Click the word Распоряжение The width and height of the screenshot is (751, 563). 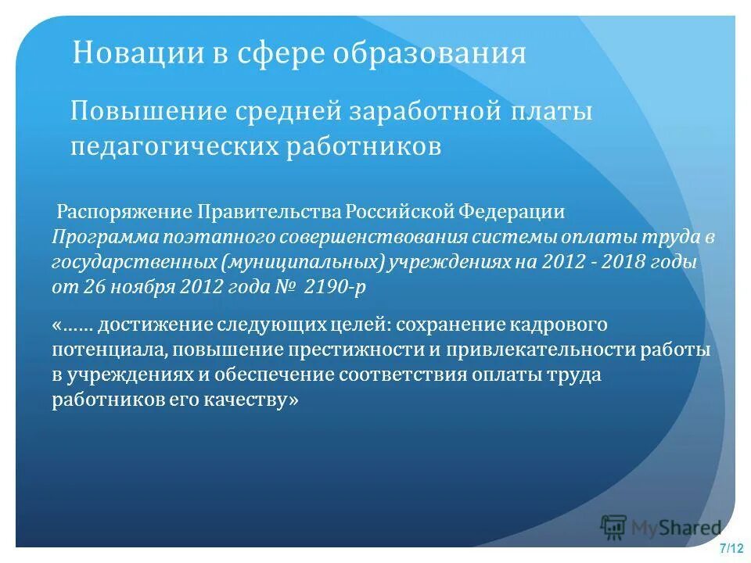pyautogui.click(x=125, y=213)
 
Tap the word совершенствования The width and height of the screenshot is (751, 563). pyautogui.click(x=351, y=237)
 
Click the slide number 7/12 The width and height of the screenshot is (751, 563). pyautogui.click(x=731, y=547)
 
